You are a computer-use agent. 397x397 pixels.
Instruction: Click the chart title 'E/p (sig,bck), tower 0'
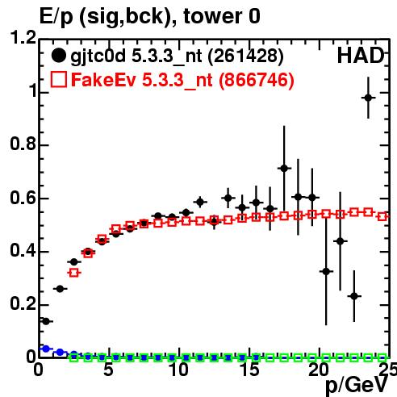coord(150,16)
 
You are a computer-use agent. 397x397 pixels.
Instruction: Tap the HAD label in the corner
coord(361,56)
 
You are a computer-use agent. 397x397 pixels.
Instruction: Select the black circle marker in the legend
coord(58,56)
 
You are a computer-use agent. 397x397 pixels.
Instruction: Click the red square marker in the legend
coord(58,80)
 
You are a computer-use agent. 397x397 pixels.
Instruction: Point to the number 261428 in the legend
coord(245,56)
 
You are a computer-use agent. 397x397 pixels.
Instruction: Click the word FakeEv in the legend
coord(103,80)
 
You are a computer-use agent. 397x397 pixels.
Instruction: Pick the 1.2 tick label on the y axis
coord(23,38)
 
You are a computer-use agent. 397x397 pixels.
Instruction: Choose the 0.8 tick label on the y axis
coord(23,144)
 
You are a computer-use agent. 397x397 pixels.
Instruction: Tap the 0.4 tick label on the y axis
coord(23,250)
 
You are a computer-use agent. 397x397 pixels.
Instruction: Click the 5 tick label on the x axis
coord(108,370)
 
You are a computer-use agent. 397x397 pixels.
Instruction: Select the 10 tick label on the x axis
coord(178,370)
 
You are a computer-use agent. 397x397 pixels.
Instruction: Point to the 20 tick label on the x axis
coord(319,370)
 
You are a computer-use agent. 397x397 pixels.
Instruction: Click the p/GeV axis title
coord(356,386)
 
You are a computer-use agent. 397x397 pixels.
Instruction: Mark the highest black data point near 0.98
coord(368,98)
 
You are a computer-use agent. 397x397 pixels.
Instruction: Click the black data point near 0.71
coord(284,169)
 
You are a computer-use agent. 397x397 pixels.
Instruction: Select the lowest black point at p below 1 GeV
coord(46,321)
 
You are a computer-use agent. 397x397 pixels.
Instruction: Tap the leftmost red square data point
coord(74,273)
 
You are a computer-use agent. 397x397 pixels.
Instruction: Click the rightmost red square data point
coord(382,216)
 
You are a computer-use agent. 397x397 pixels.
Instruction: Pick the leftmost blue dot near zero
coord(46,349)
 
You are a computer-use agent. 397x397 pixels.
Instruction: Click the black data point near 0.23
coord(354,296)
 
